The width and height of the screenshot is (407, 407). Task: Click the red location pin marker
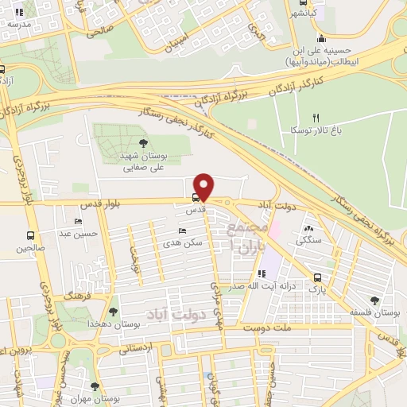point(204,186)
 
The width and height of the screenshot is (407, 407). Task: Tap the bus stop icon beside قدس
point(196,198)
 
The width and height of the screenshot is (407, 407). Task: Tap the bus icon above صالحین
point(31,236)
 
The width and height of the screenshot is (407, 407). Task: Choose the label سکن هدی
point(180,242)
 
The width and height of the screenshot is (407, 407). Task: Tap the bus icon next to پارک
point(319,278)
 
